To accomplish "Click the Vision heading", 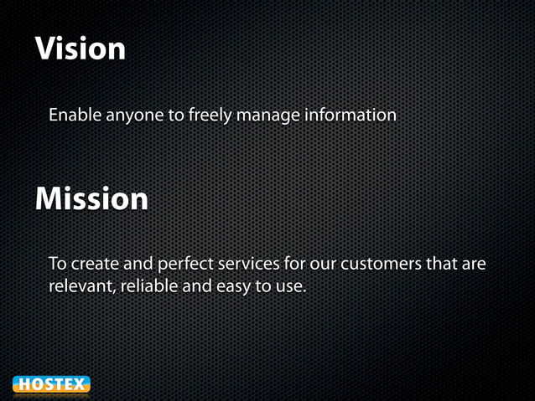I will [81, 49].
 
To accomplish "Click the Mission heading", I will [91, 199].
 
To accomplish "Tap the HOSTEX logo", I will [51, 385].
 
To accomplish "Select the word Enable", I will [74, 115].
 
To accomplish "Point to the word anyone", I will [137, 116].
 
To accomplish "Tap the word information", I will [350, 115].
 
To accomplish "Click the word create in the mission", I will [94, 265].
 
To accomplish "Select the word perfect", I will [184, 265].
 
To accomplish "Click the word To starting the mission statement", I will [58, 265].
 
